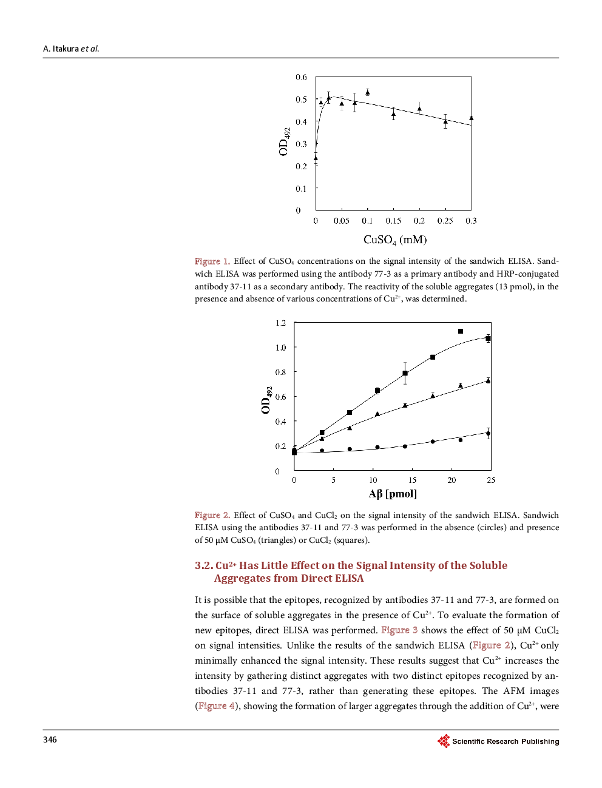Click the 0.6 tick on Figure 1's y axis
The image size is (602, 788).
[301, 78]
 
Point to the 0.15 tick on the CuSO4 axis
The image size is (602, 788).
[393, 221]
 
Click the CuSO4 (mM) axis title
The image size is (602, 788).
[395, 240]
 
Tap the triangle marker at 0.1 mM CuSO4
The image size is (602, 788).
[368, 92]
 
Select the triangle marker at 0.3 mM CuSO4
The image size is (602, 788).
[472, 118]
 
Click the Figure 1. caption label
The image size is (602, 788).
[212, 261]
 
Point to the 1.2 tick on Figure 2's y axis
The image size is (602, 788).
[280, 323]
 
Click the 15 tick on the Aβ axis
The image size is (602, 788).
[413, 480]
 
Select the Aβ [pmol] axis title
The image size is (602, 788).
[393, 494]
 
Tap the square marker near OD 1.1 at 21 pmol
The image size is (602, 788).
[461, 331]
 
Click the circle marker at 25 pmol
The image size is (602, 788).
[489, 433]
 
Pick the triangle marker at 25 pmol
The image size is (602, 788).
[489, 381]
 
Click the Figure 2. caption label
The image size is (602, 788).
[212, 515]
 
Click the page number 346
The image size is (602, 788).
[50, 739]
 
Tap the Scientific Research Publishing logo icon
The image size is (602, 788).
[444, 741]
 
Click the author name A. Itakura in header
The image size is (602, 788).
[61, 49]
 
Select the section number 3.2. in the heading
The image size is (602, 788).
[204, 565]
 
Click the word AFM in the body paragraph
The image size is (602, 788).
[513, 691]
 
